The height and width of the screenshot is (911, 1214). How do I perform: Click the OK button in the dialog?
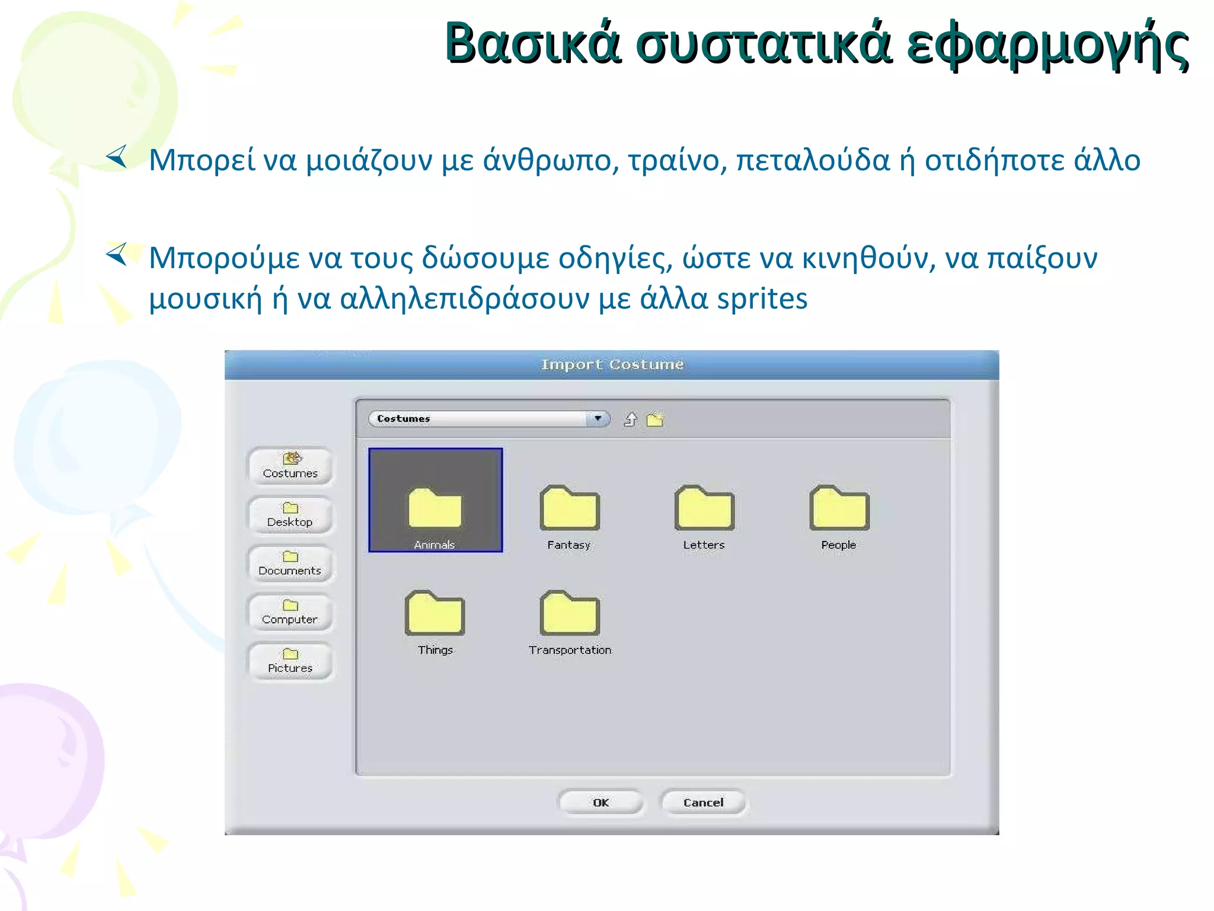(600, 802)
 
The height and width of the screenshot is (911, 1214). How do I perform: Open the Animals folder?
(435, 508)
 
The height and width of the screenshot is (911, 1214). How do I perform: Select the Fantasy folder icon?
(570, 508)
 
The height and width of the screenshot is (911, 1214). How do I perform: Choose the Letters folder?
(704, 508)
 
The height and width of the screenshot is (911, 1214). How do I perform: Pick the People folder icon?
(839, 508)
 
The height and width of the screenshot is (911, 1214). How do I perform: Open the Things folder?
(435, 613)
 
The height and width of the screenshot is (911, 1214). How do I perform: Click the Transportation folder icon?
(570, 613)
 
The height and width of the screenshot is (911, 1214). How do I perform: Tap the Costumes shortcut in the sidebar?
(290, 466)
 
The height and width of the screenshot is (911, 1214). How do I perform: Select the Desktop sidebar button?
(290, 515)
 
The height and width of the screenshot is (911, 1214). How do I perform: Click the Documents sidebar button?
(290, 563)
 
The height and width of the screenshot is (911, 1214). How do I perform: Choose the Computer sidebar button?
(290, 612)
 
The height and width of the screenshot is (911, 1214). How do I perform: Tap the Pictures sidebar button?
(290, 661)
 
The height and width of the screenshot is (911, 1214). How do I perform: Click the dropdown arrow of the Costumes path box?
(598, 419)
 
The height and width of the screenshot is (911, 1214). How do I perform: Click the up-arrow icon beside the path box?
(630, 420)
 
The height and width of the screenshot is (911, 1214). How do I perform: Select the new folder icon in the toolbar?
(655, 420)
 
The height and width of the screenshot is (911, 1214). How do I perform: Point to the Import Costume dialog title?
(612, 364)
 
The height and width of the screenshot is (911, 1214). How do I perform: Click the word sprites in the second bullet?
(762, 298)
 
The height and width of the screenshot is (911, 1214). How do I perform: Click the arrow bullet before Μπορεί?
(117, 157)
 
